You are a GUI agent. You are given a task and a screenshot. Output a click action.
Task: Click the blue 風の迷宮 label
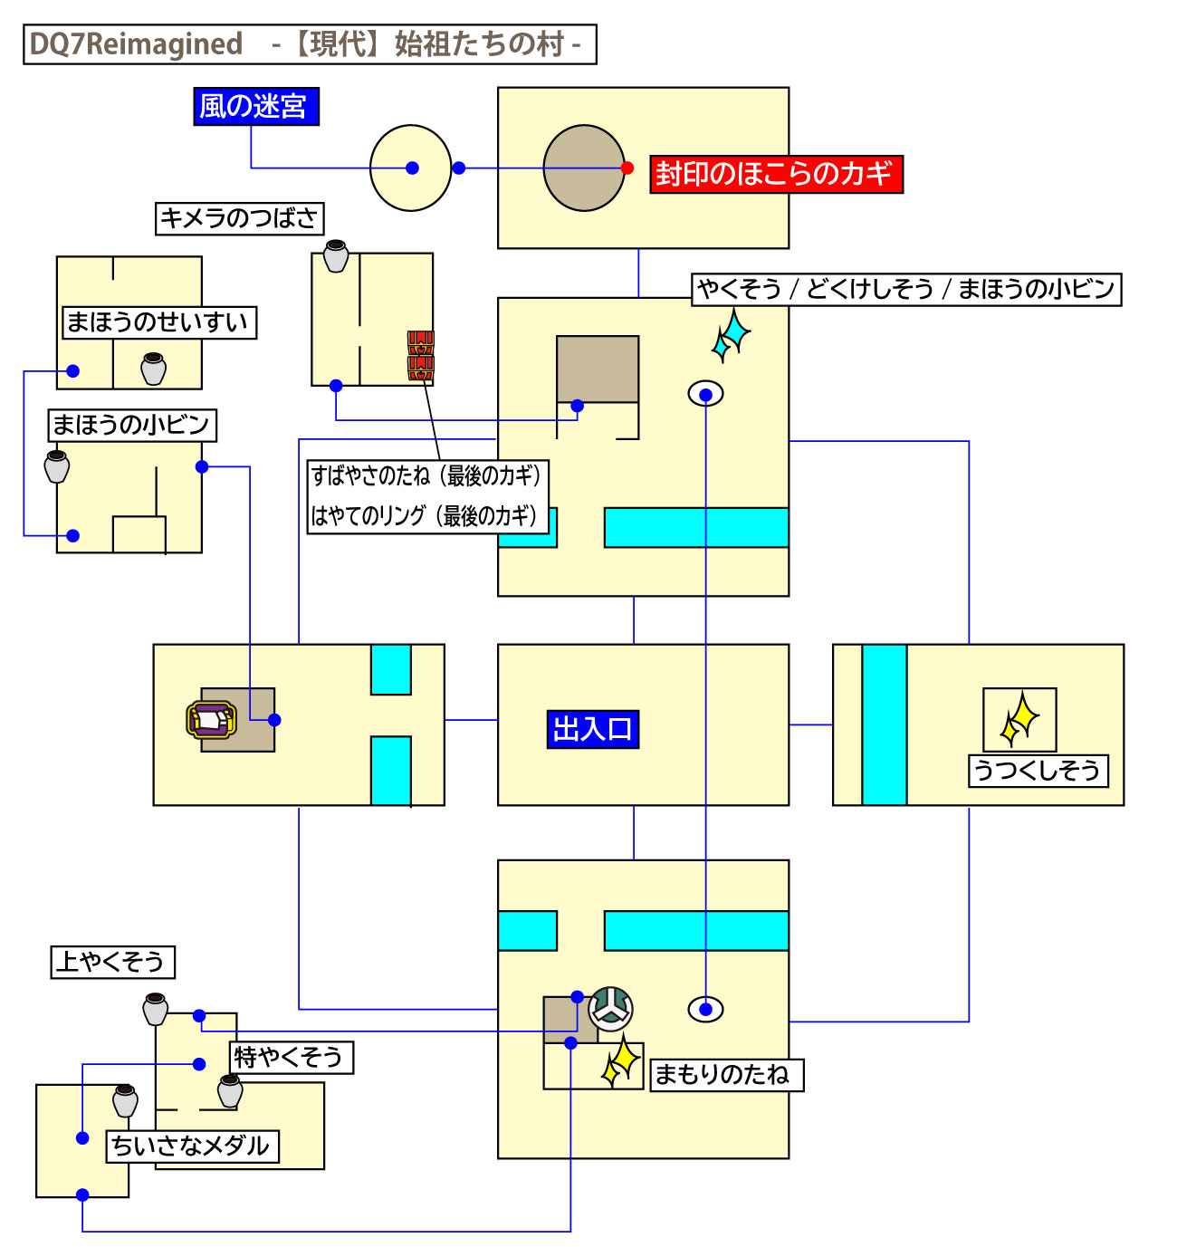point(255,107)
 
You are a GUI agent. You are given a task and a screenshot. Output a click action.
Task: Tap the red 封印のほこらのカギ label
point(776,174)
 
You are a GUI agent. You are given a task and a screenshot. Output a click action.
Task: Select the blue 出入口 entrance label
point(593,729)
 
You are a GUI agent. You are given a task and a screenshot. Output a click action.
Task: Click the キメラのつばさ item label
point(239,218)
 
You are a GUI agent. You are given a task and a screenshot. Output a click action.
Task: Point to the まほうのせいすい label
point(158,322)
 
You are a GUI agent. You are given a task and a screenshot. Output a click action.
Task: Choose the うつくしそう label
point(1038,771)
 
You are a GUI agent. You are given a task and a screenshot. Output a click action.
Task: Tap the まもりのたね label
point(726,1075)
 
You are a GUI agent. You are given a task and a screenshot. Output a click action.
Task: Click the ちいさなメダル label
point(192,1146)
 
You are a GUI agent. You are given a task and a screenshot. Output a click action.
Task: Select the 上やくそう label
point(112,962)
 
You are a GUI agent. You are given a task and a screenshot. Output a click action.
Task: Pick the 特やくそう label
point(291,1057)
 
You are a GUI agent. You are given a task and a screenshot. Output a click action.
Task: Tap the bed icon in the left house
point(211,720)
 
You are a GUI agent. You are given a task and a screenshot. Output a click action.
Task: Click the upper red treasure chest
point(421,342)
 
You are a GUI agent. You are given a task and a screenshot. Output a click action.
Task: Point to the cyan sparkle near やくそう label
point(732,335)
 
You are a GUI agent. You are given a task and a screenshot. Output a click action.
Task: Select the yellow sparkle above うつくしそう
point(1020,720)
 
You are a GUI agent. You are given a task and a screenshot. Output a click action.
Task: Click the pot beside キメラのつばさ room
point(336,255)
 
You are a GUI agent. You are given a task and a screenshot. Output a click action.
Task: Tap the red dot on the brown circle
point(627,168)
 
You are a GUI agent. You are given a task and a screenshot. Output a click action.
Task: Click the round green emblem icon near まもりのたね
point(610,1009)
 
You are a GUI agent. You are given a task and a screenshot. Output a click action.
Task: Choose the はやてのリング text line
point(425,516)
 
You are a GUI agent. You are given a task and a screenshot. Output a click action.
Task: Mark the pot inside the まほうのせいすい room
point(154,369)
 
